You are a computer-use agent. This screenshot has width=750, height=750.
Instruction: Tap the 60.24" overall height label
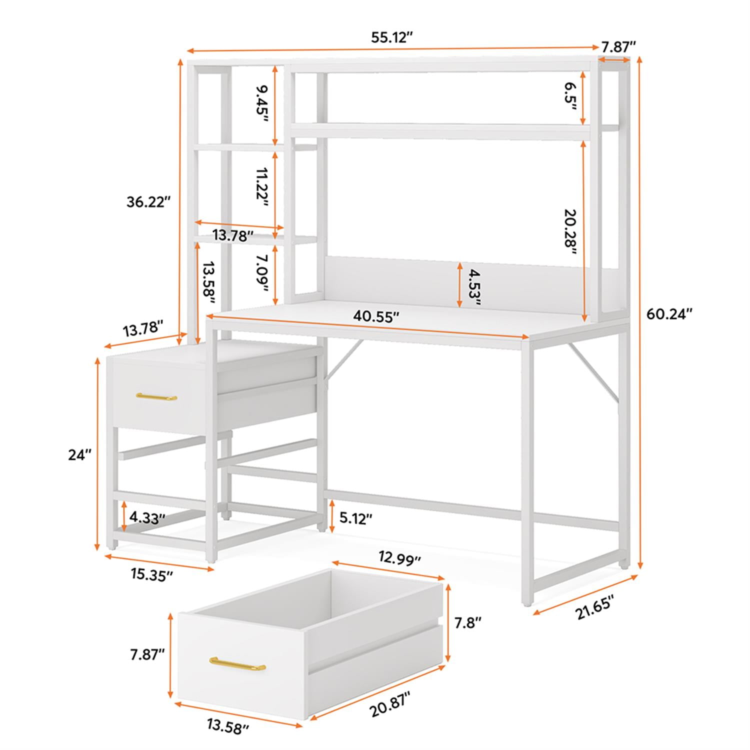pos(669,314)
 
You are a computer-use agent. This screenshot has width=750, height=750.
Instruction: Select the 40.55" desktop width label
pos(376,316)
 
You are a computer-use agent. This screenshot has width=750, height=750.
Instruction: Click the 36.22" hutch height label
pos(148,202)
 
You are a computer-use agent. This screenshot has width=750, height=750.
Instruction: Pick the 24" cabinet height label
pos(80,455)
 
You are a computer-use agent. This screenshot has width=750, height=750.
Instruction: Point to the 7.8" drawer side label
pos(467,622)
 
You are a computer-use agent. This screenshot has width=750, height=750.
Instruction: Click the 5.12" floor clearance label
pos(356,518)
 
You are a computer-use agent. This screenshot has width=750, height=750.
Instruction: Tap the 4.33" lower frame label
pos(147,517)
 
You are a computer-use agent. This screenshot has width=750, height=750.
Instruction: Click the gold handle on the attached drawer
pos(156,397)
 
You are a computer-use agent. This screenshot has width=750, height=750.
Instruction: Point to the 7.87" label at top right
pos(618,47)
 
